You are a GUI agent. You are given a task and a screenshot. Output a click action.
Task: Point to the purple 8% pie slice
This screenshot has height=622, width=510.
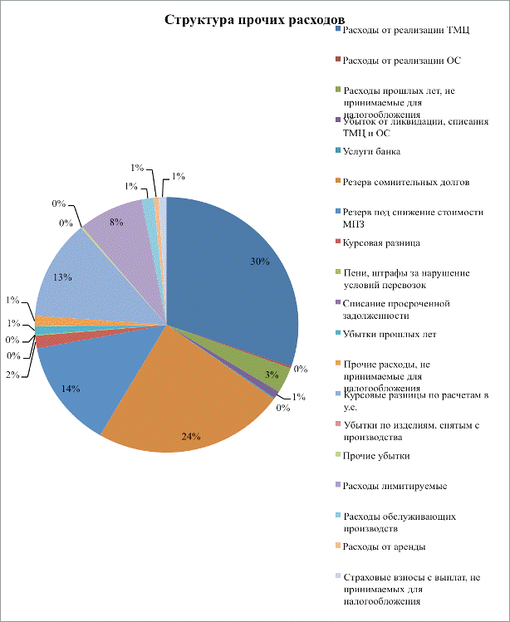click(116, 224)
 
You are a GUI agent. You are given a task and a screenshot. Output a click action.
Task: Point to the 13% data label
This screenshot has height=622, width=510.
click(60, 278)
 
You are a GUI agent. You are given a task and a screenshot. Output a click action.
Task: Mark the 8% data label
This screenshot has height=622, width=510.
click(116, 222)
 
